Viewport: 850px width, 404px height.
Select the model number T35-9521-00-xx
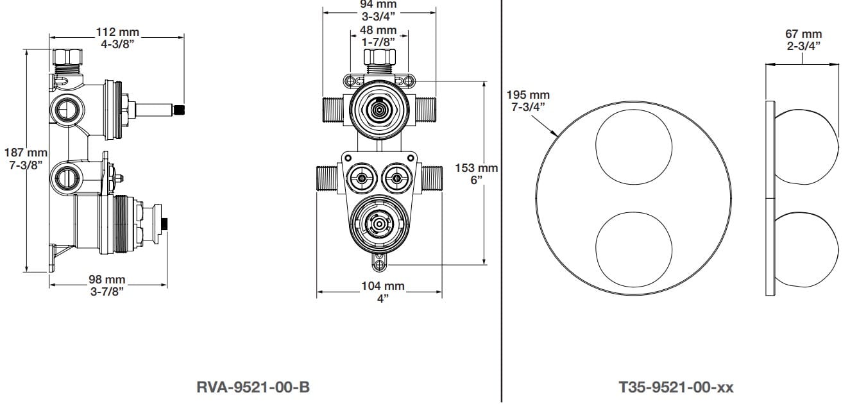(x=676, y=387)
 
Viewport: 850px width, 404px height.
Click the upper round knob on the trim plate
(x=634, y=147)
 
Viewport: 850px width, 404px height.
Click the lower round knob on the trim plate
(x=634, y=248)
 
